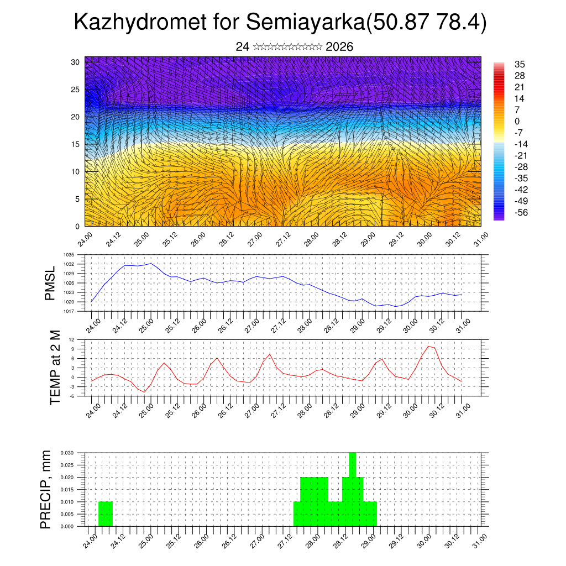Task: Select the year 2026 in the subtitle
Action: [339, 47]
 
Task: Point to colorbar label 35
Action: [519, 64]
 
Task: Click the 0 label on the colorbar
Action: [516, 121]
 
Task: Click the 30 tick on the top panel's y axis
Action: [75, 62]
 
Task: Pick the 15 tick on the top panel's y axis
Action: [75, 144]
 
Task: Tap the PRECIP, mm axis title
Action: [46, 489]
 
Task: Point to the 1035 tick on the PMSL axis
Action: [69, 255]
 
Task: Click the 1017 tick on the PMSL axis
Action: [69, 311]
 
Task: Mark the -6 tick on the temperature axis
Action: [71, 396]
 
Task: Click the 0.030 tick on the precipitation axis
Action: [67, 453]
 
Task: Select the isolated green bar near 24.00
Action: [105, 513]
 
